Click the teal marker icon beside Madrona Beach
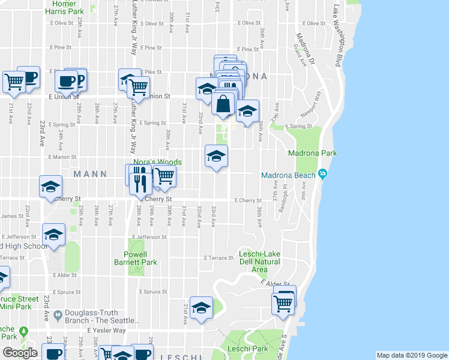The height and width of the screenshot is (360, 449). [x=323, y=175]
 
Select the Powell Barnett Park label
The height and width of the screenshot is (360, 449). [x=140, y=258]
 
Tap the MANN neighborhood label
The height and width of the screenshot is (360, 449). [x=89, y=174]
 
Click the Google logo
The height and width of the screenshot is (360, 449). [x=20, y=353]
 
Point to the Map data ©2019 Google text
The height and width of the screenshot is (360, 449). [x=411, y=355]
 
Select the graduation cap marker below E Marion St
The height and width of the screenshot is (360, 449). [x=216, y=157]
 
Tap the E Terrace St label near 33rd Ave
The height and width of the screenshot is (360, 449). [x=217, y=258]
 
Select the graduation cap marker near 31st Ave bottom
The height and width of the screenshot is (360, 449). [x=202, y=308]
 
